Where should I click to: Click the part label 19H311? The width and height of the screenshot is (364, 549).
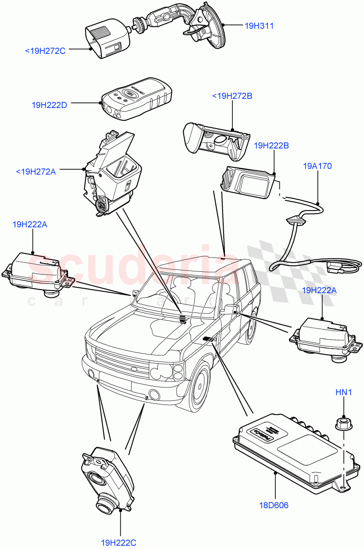coord(259,26)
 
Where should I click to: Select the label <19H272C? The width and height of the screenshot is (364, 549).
coord(45,51)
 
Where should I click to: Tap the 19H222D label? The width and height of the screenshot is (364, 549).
coord(49,105)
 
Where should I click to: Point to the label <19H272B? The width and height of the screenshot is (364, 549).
coord(232,96)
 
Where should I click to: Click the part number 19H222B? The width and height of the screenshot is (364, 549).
coord(271,145)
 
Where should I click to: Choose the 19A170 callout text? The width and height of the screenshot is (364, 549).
coord(317,166)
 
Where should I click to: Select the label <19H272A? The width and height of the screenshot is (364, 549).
coord(36,172)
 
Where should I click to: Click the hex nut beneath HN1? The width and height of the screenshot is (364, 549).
coord(343,424)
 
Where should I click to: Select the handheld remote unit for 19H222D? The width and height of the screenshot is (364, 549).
coord(136,98)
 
